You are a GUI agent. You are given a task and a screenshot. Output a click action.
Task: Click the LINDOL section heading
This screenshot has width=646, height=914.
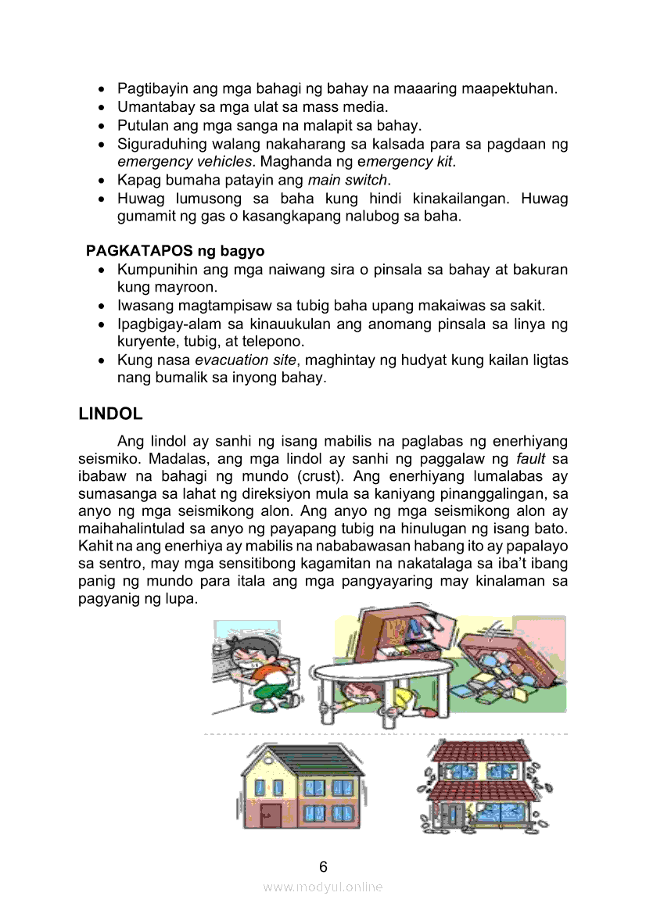tap(110, 414)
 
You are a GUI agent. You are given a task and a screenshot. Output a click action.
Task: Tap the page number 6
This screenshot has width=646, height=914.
tap(323, 866)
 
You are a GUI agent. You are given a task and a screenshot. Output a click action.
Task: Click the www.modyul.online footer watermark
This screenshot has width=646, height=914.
tap(323, 887)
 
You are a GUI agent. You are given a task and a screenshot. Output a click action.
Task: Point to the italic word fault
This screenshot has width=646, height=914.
tap(531, 458)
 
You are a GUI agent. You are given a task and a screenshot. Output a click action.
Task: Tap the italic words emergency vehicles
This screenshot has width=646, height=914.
tap(185, 162)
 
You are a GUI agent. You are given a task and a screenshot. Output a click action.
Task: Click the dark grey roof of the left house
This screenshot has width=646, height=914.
tap(301, 761)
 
